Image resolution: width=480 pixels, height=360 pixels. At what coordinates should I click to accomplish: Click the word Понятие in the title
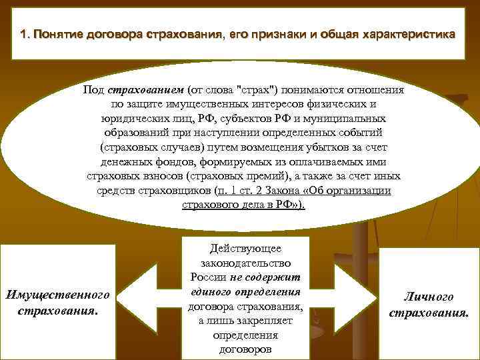click(x=59, y=34)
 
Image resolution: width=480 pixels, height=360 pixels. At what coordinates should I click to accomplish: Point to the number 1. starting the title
click(x=26, y=34)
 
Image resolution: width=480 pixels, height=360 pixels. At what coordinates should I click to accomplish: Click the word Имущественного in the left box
click(x=57, y=294)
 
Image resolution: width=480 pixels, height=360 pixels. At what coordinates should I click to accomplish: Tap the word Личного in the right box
click(x=429, y=297)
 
